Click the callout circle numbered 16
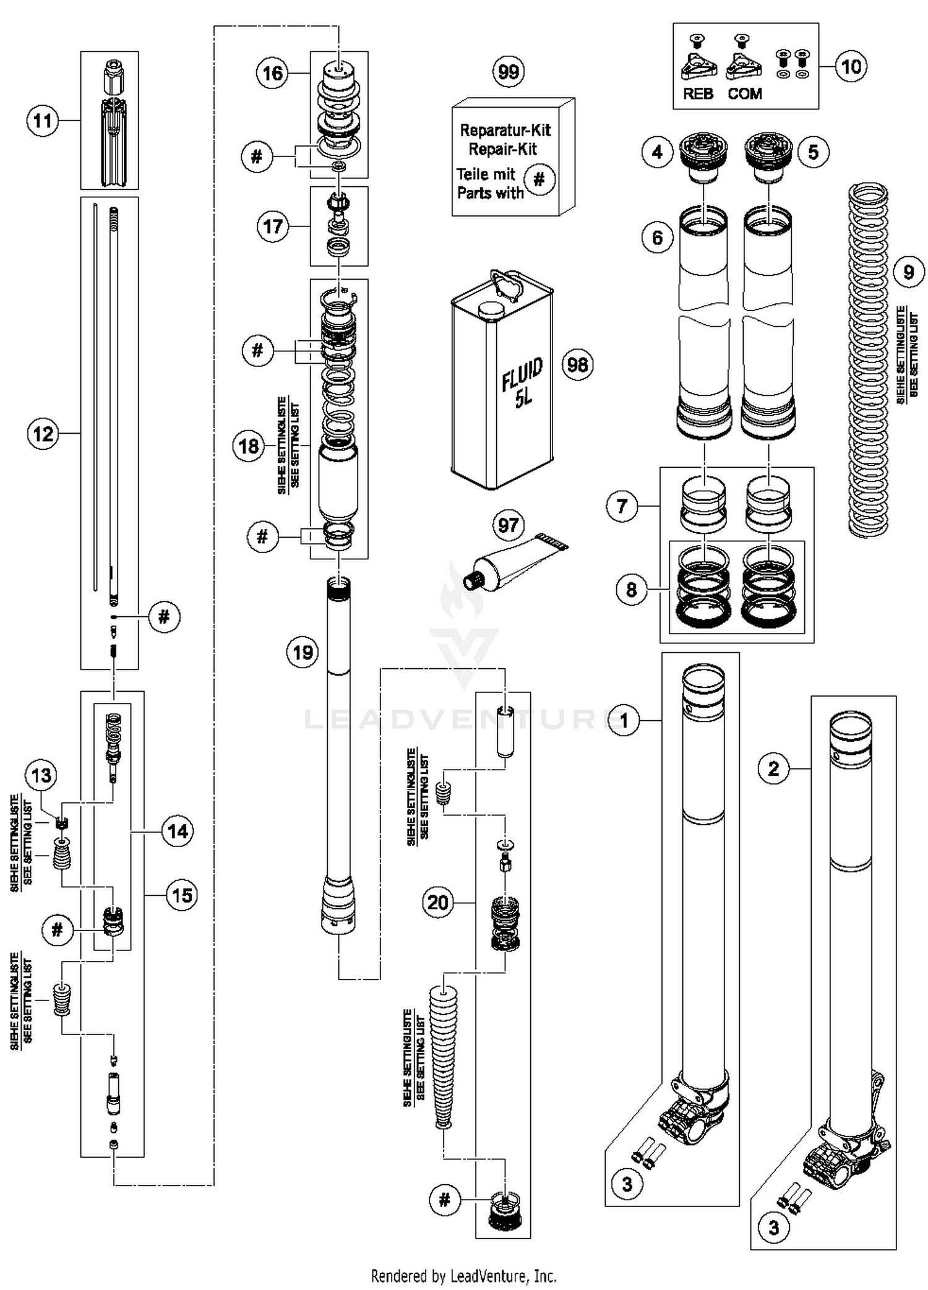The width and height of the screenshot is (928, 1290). (x=272, y=74)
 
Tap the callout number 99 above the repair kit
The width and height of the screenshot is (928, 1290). (x=508, y=71)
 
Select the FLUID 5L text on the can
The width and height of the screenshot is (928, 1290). (x=523, y=382)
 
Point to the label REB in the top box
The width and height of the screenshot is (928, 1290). (x=698, y=93)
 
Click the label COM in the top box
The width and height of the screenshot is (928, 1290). (x=744, y=93)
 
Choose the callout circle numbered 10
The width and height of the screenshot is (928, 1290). (x=851, y=66)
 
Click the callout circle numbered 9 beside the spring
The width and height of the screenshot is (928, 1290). (x=908, y=272)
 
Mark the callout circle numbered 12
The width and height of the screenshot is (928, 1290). (x=43, y=434)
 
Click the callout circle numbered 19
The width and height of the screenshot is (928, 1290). (x=303, y=652)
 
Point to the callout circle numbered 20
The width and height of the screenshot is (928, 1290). (x=438, y=902)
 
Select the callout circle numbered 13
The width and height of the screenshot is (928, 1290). (x=41, y=775)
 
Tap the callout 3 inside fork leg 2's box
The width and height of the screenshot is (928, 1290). (x=773, y=1228)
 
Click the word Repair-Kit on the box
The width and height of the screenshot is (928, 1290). (x=502, y=149)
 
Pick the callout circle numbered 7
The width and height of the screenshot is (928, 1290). (x=622, y=506)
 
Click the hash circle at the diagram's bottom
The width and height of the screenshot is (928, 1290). (x=445, y=1200)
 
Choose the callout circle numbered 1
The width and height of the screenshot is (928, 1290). (x=624, y=720)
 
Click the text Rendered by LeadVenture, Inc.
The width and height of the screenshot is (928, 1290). (x=463, y=1275)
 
